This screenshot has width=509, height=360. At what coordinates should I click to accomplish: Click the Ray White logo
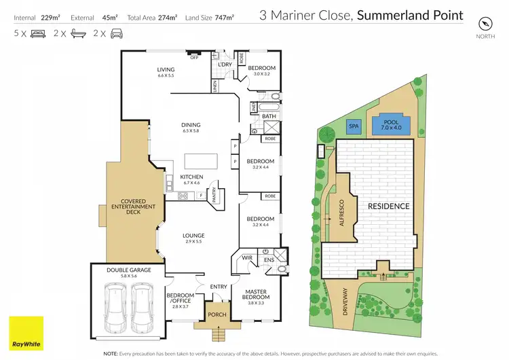click(x=26, y=333)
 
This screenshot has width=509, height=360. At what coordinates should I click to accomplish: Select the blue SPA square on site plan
click(x=354, y=126)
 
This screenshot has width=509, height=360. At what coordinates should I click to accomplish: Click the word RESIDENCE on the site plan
click(x=389, y=206)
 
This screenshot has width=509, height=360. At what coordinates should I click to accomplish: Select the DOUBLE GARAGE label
click(x=129, y=270)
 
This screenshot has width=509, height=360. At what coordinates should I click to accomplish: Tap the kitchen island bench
click(x=202, y=161)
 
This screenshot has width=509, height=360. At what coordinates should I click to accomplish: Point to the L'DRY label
click(x=225, y=65)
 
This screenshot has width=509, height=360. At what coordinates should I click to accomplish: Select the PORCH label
click(x=217, y=314)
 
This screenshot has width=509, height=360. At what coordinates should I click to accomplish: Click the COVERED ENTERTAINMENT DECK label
click(x=138, y=206)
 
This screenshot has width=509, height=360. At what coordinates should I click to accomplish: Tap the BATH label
click(x=269, y=116)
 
